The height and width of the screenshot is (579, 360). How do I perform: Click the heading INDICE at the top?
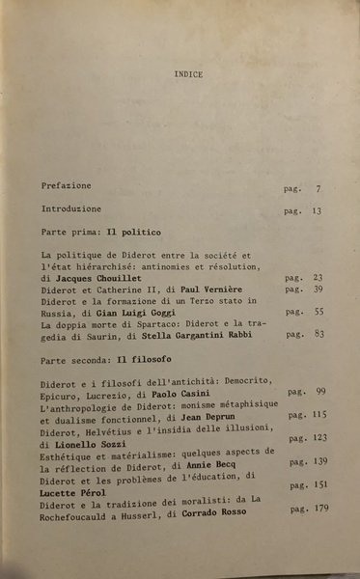(189, 73)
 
